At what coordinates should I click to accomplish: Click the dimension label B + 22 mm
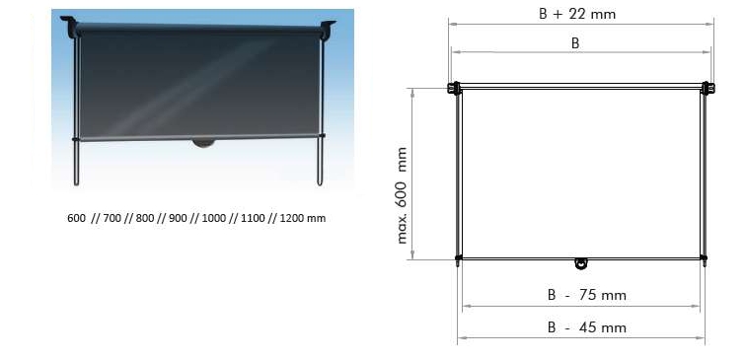pyautogui.click(x=577, y=14)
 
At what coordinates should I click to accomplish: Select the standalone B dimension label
pyautogui.click(x=575, y=43)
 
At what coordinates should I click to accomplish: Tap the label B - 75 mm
pyautogui.click(x=587, y=295)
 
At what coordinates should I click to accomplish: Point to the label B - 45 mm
pyautogui.click(x=587, y=327)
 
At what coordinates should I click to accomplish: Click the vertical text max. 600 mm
pyautogui.click(x=402, y=195)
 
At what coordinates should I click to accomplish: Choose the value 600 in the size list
pyautogui.click(x=76, y=219)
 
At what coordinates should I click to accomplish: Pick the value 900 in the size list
pyautogui.click(x=178, y=219)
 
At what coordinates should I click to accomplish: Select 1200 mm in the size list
pyautogui.click(x=303, y=219)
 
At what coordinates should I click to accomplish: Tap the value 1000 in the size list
pyautogui.click(x=213, y=219)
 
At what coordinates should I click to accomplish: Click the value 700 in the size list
pyautogui.click(x=112, y=219)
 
